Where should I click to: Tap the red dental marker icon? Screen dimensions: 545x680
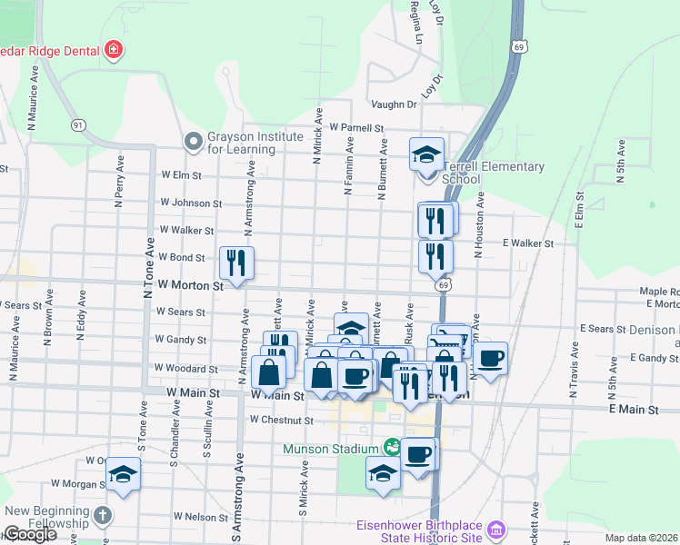tap(114, 49)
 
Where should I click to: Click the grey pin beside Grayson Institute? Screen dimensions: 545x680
tap(192, 142)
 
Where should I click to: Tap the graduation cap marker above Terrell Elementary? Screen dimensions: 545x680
tap(426, 154)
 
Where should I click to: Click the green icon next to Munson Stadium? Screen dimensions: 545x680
tap(392, 447)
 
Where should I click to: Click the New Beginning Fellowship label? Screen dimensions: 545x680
tap(45, 517)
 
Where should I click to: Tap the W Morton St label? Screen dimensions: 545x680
tap(191, 285)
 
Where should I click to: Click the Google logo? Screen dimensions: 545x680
tap(30, 534)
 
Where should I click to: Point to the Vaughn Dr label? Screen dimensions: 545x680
tap(394, 104)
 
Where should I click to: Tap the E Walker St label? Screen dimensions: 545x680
tap(527, 243)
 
